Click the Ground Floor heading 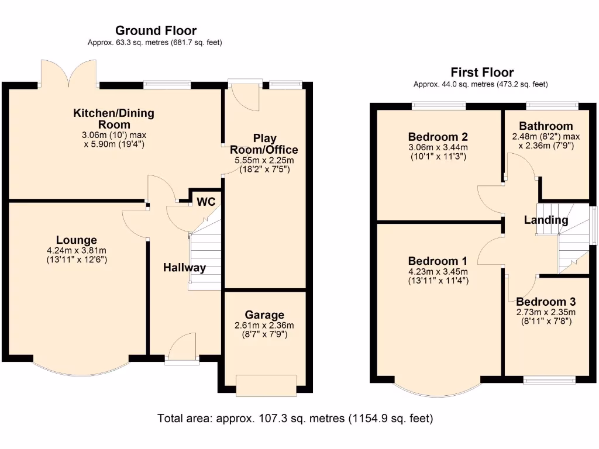click(156, 30)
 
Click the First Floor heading click(482, 72)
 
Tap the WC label click(206, 202)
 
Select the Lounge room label click(77, 240)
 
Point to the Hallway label click(184, 268)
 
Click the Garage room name click(264, 315)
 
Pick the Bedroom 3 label click(546, 302)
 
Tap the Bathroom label click(546, 126)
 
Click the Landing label click(546, 220)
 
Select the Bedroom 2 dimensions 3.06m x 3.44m click(438, 147)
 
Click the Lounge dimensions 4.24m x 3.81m click(77, 251)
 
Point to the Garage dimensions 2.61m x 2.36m click(264, 326)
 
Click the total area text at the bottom click(295, 419)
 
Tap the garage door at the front click(266, 386)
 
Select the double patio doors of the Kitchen click(69, 73)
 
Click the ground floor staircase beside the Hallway click(205, 253)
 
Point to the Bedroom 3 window click(549, 380)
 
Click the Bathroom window click(552, 106)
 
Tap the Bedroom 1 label click(438, 261)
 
